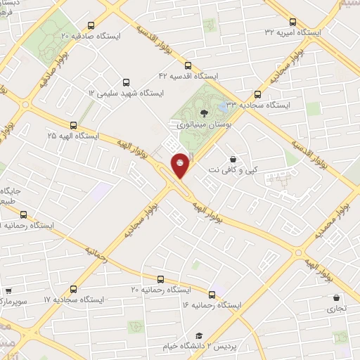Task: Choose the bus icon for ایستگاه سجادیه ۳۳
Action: coord(257,94)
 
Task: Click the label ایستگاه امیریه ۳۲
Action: coord(292,32)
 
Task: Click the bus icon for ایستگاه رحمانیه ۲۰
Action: coord(160,278)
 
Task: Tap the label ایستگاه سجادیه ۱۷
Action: coord(74,300)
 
